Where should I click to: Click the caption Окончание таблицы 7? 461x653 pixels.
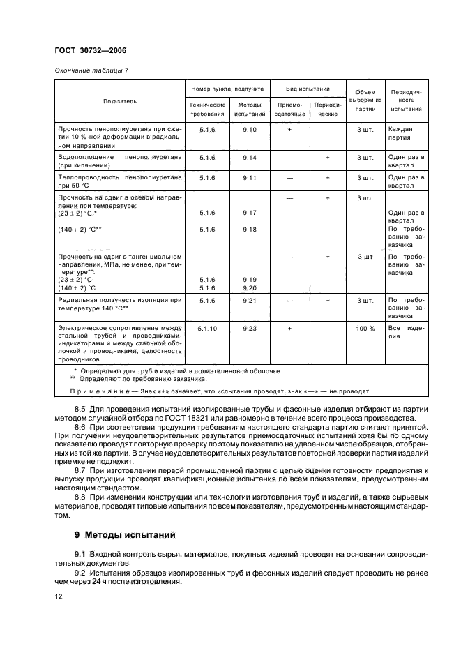tap(91, 70)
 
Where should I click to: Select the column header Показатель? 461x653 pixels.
tap(120, 101)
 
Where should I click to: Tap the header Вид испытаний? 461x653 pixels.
tap(308, 89)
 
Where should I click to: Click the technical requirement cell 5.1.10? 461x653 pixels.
tap(208, 328)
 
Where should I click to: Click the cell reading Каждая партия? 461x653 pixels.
tap(401, 134)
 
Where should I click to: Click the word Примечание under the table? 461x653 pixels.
tap(95, 391)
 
